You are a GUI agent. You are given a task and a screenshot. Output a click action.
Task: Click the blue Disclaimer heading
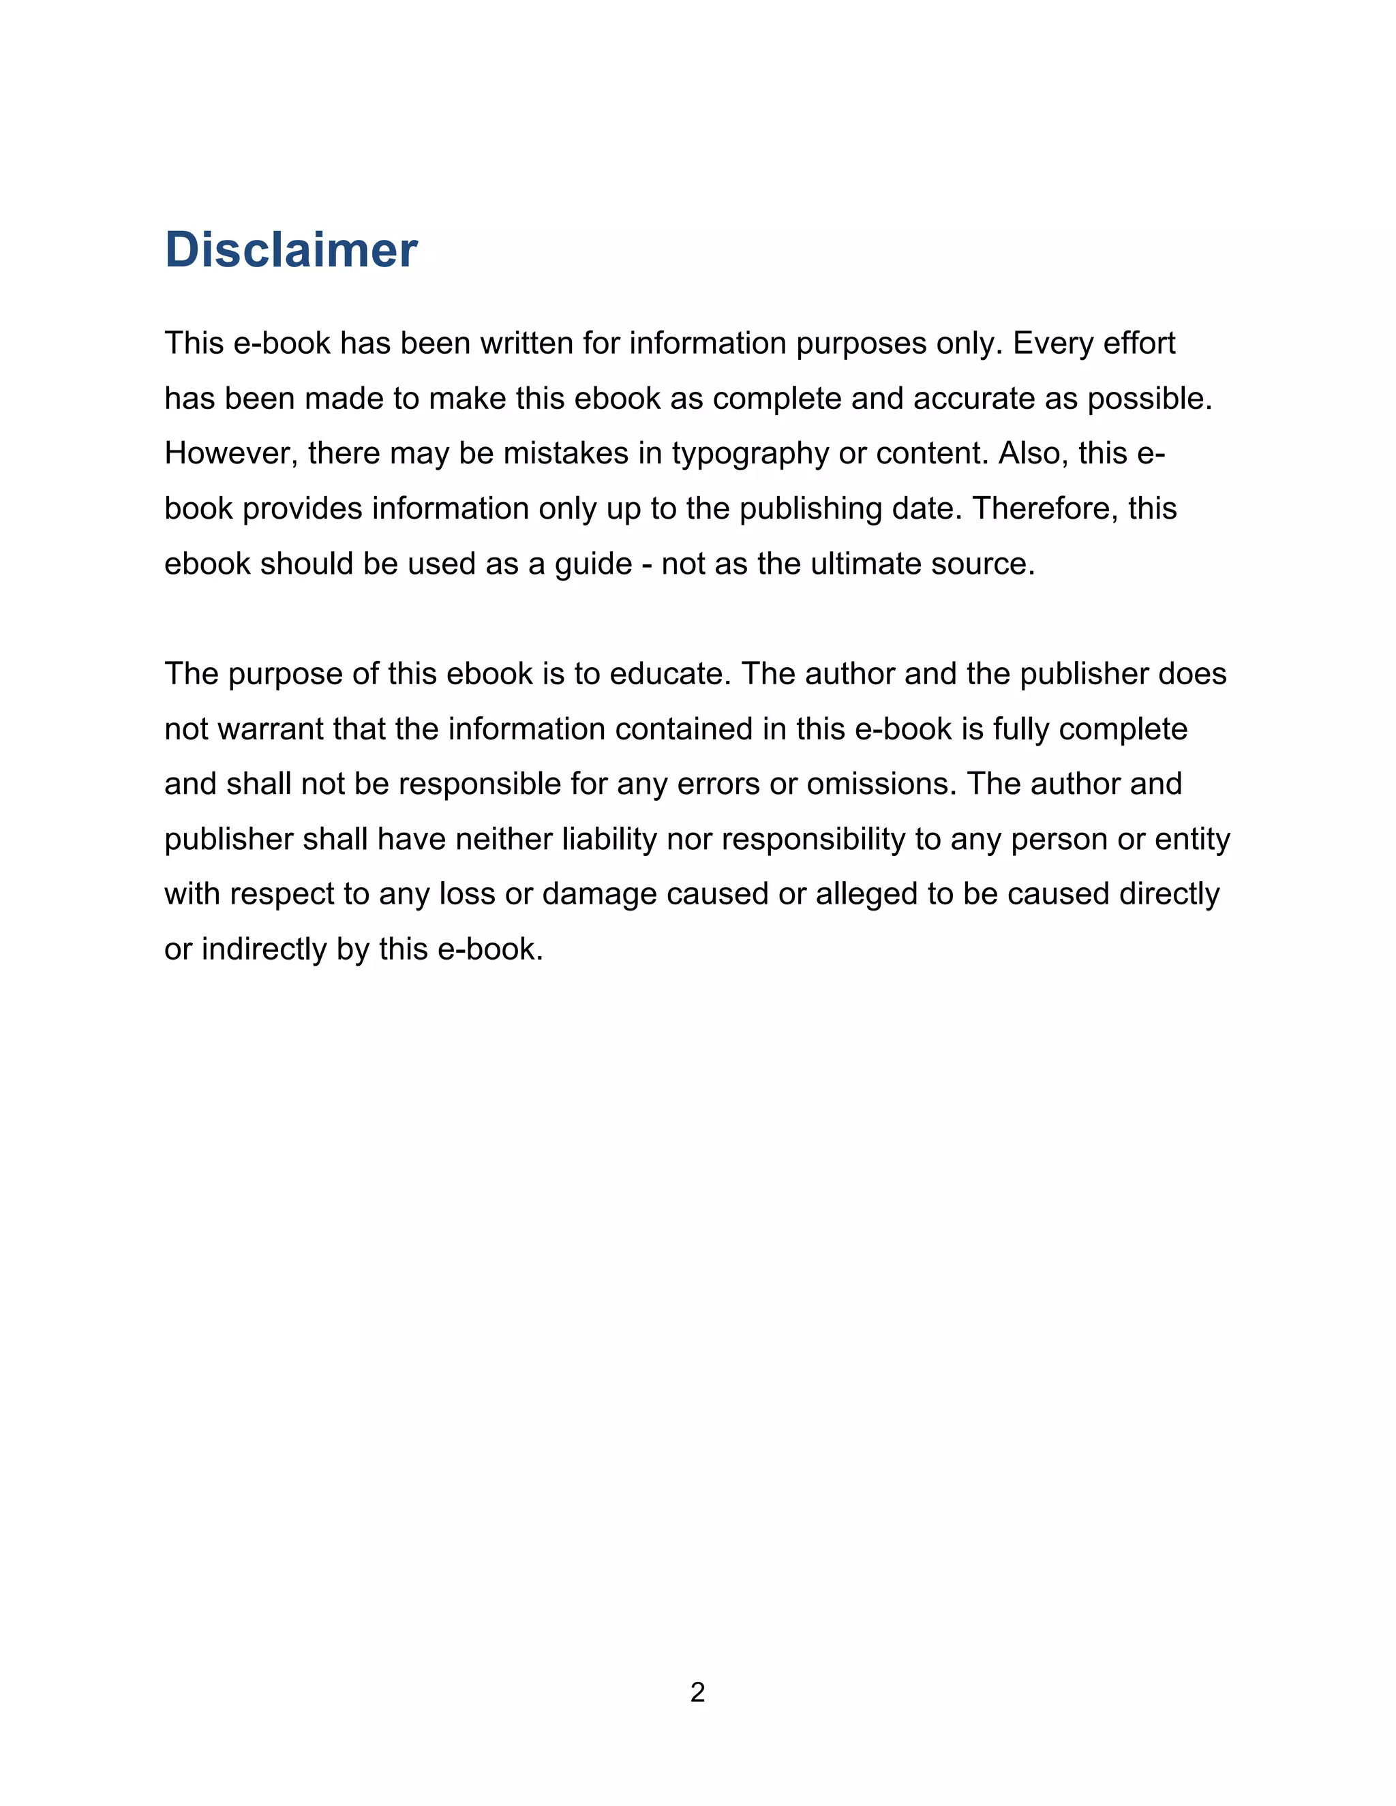pos(291,249)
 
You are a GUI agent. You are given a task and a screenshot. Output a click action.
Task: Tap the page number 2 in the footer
pos(697,1692)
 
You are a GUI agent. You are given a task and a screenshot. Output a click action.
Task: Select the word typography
pos(749,454)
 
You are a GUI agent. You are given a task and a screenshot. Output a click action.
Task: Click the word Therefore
pos(1046,508)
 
